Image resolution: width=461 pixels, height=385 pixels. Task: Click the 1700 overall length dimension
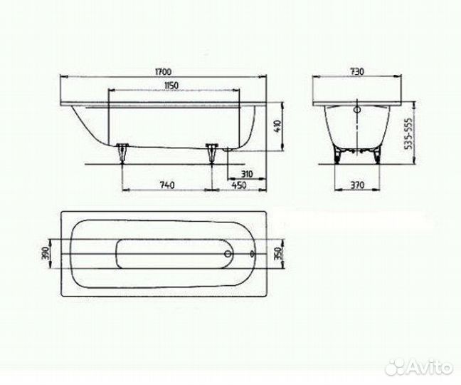(164, 71)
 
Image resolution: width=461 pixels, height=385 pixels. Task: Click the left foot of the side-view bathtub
(122, 151)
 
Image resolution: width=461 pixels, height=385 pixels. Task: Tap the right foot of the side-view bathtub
(211, 151)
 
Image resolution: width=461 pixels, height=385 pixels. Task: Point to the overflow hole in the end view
(358, 111)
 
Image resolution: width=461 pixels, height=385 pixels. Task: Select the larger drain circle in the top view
(227, 254)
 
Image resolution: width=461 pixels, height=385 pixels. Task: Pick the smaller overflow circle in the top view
(254, 254)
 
